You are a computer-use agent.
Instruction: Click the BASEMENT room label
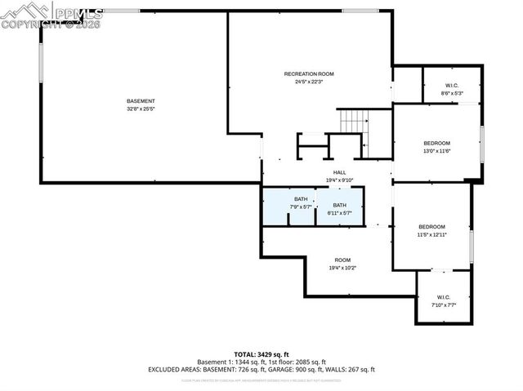click(x=141, y=100)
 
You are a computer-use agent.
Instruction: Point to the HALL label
click(x=338, y=172)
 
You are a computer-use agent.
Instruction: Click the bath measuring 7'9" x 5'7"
click(x=301, y=202)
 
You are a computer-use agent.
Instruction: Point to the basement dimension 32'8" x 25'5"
click(x=141, y=109)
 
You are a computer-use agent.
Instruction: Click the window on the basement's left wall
click(x=40, y=61)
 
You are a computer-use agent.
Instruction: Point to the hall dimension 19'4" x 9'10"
click(x=338, y=180)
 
